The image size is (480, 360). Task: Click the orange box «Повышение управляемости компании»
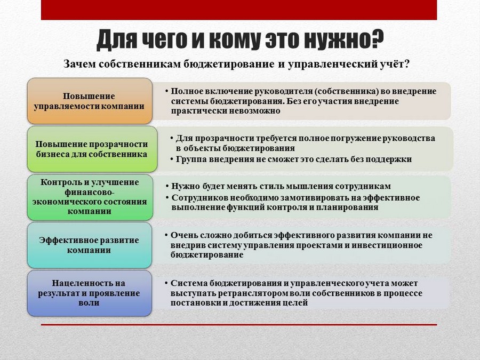[90, 101]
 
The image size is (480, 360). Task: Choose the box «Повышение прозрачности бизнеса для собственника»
[92, 149]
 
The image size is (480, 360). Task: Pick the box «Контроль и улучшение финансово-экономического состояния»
[90, 197]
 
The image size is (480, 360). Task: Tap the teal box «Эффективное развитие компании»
[90, 245]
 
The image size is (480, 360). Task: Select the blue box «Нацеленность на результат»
[90, 293]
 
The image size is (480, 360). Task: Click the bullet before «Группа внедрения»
[172, 159]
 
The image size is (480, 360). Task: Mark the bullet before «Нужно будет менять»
[167, 186]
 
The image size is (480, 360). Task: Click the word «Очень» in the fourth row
[183, 235]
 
